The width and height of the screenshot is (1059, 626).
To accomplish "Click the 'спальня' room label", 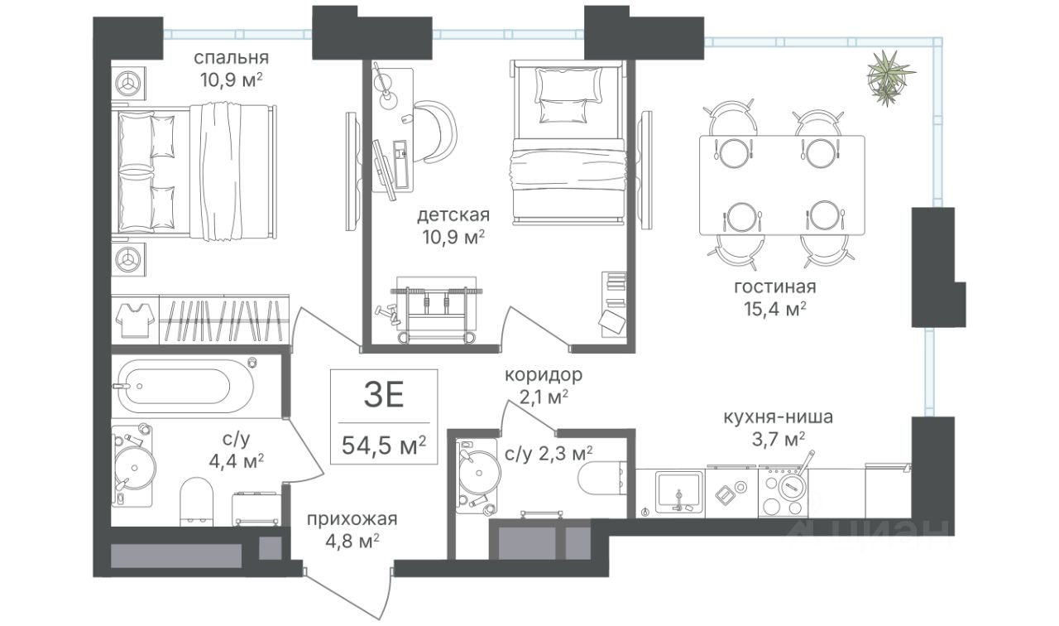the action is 231,58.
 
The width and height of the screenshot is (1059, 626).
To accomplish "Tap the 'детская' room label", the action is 453,215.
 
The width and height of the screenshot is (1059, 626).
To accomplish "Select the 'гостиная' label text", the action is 775,287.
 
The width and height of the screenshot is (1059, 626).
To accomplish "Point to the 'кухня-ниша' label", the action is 779,417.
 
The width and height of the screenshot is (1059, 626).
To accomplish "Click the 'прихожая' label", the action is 352,519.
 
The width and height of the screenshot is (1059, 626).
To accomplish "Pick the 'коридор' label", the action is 544,375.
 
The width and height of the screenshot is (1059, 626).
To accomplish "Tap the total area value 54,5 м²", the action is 384,445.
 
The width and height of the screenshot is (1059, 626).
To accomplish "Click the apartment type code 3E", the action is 384,396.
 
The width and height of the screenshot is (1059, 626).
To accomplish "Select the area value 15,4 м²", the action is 775,310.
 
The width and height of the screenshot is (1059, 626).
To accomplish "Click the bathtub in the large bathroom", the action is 187,386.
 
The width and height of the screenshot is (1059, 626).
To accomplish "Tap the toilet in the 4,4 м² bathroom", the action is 197,502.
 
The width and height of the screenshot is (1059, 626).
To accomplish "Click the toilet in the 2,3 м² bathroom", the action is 601,478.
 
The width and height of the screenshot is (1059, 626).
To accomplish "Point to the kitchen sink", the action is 678,493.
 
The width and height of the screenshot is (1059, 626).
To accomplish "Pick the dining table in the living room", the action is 782,185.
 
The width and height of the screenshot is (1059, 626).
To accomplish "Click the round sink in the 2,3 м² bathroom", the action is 479,472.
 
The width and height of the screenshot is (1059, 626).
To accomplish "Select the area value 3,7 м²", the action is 779,440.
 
